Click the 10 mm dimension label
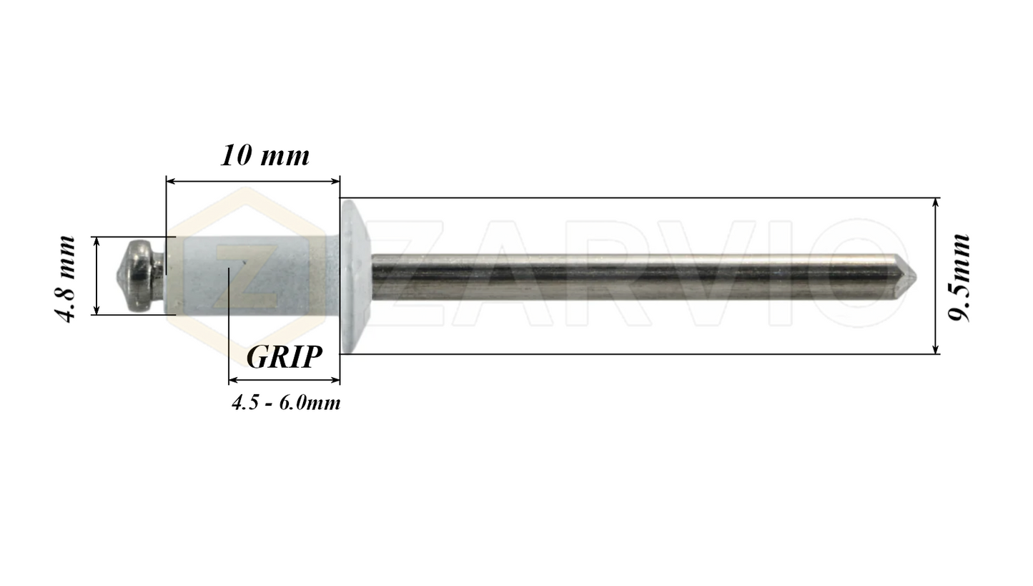tap(265, 155)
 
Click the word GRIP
tap(284, 356)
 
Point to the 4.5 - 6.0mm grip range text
tap(285, 403)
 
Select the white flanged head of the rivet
tap(355, 275)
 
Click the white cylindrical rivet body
tap(250, 275)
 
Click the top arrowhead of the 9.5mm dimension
tap(936, 202)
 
